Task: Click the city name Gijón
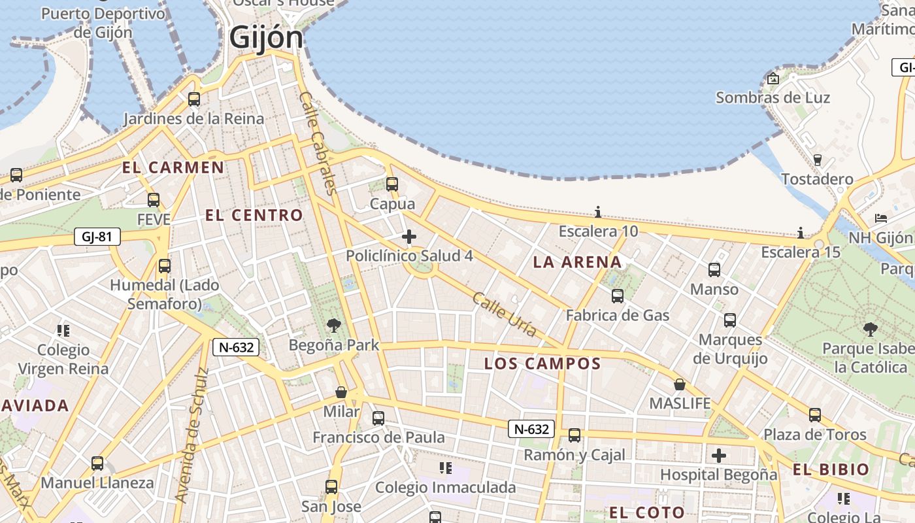point(266,37)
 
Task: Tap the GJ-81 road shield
point(97,237)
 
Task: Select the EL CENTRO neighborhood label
point(254,215)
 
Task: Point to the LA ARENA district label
point(577,262)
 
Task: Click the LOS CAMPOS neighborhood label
point(542,364)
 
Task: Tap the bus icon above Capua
point(392,184)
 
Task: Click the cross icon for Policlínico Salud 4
point(409,236)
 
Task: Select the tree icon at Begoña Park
point(334,325)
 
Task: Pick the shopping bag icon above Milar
point(341,392)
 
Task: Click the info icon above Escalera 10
point(597,212)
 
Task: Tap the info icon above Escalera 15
point(800,233)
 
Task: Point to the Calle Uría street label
point(504,314)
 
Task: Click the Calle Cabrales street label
point(318,143)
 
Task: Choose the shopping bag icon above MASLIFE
point(680,384)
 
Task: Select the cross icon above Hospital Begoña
point(719,455)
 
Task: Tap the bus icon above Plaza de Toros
point(814,414)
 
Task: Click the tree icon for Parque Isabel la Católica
point(870,329)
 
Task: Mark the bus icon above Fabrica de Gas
point(618,296)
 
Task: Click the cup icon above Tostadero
point(817,160)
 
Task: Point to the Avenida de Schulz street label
point(191,435)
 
